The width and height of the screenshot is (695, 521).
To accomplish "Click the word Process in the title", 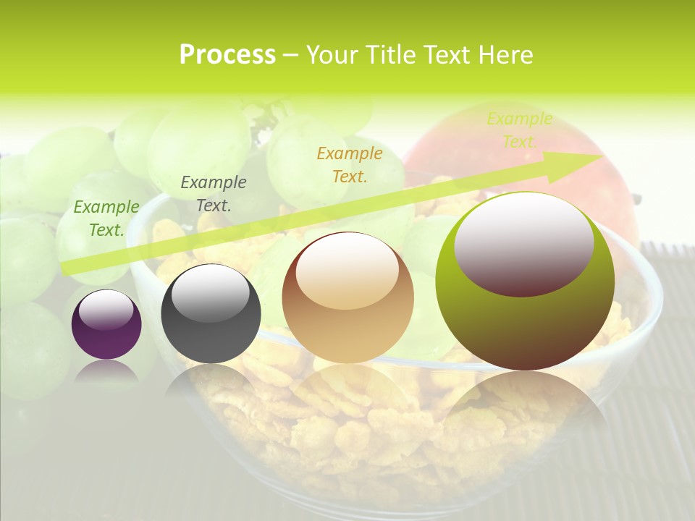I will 227,55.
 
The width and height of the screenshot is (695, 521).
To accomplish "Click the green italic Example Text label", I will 106,218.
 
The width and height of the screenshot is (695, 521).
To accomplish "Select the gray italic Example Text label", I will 214,193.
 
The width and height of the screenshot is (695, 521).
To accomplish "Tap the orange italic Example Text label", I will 350,164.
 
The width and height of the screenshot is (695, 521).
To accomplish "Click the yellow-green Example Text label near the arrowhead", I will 520,130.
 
